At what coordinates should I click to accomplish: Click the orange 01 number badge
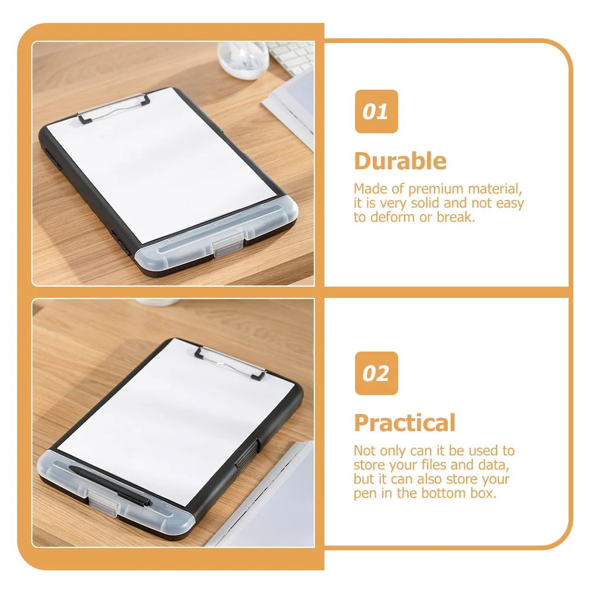[376, 111]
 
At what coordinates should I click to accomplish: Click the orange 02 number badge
[376, 373]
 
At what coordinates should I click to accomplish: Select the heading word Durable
[400, 161]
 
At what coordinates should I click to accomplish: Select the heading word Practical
[405, 423]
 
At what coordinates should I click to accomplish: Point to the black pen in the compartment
[112, 484]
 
